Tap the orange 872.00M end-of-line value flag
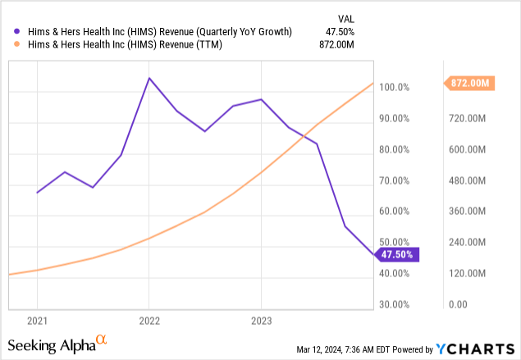click(469, 83)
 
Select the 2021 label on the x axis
click(37, 320)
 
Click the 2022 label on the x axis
click(149, 320)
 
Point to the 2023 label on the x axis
click(261, 320)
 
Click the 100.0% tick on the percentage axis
click(395, 88)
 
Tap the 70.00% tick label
click(395, 180)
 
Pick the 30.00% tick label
click(395, 304)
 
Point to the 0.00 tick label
click(456, 304)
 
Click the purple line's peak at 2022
click(149, 78)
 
